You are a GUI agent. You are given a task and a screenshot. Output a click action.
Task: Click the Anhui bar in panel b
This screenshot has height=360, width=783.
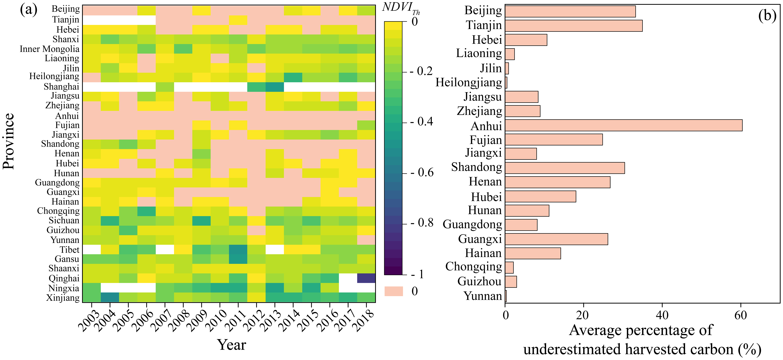click(x=623, y=125)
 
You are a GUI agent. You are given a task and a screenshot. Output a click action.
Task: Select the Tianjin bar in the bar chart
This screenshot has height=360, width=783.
click(x=574, y=26)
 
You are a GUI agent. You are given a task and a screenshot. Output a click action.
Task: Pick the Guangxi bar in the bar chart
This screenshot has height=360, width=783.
click(x=556, y=239)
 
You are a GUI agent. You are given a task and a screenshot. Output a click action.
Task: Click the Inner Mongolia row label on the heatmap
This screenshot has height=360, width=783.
click(x=50, y=49)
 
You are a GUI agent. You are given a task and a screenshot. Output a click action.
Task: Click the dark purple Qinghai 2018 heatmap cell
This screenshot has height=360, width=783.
click(x=366, y=278)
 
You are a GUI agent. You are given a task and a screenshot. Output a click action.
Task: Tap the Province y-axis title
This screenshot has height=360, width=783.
click(x=9, y=141)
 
